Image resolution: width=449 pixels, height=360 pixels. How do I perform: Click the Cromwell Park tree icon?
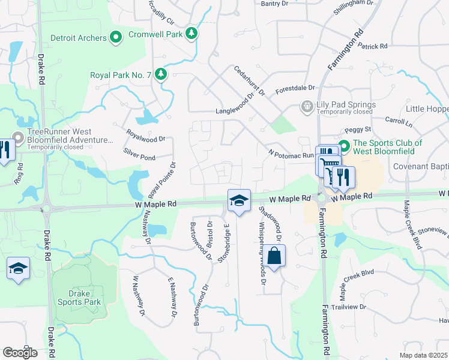click(x=191, y=34)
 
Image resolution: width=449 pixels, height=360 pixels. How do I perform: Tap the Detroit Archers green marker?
click(x=117, y=38)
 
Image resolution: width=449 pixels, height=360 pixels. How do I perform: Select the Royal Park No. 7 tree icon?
click(x=160, y=74)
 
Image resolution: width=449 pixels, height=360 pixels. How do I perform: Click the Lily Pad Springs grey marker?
click(x=307, y=106)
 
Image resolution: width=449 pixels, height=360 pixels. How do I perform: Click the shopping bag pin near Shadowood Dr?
click(x=274, y=256)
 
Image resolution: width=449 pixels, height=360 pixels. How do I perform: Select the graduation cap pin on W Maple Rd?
click(x=238, y=201)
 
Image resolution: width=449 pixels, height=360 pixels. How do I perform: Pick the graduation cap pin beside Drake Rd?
click(x=18, y=269)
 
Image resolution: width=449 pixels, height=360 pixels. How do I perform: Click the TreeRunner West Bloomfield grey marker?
click(x=18, y=139)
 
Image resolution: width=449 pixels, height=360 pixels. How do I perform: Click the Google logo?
click(x=20, y=352)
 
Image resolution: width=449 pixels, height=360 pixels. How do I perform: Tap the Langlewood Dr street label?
click(x=240, y=111)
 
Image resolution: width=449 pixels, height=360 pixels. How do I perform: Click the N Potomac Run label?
click(x=291, y=154)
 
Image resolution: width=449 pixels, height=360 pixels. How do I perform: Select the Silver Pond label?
click(x=139, y=156)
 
